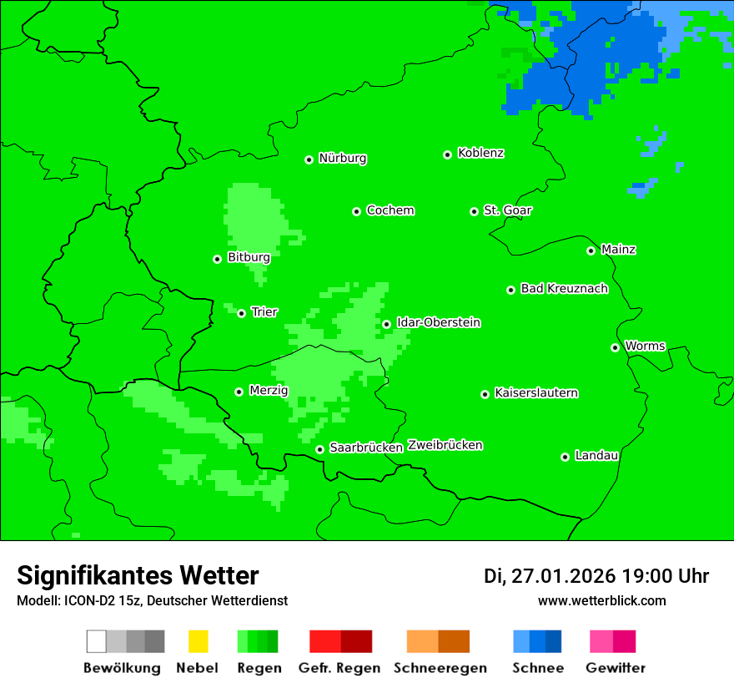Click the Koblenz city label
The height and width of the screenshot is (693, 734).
(x=480, y=153)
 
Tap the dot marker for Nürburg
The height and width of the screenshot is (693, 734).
(x=309, y=159)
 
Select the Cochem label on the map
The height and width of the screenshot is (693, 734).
(x=390, y=210)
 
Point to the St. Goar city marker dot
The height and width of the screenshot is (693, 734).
(x=474, y=211)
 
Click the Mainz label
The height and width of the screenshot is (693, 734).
(x=618, y=249)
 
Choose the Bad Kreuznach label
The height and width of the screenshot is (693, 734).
(x=564, y=288)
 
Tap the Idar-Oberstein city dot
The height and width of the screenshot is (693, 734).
(x=386, y=324)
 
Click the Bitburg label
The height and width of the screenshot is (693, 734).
(x=249, y=257)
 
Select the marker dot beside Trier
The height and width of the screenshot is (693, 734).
(x=241, y=313)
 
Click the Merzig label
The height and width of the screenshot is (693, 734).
(x=268, y=390)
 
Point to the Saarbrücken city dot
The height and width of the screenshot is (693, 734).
(x=319, y=449)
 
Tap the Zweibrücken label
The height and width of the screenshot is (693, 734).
(x=445, y=445)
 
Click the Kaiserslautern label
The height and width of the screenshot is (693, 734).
(x=535, y=392)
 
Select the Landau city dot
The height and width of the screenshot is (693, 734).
(x=565, y=457)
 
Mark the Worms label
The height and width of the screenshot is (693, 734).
(x=644, y=346)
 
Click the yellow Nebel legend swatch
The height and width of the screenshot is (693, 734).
(x=198, y=641)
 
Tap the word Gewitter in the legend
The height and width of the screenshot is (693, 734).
(x=615, y=668)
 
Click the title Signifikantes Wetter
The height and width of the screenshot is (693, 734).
(x=138, y=575)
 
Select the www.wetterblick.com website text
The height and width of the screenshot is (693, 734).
(x=601, y=600)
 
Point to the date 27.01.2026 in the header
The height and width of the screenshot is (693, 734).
(x=563, y=576)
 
